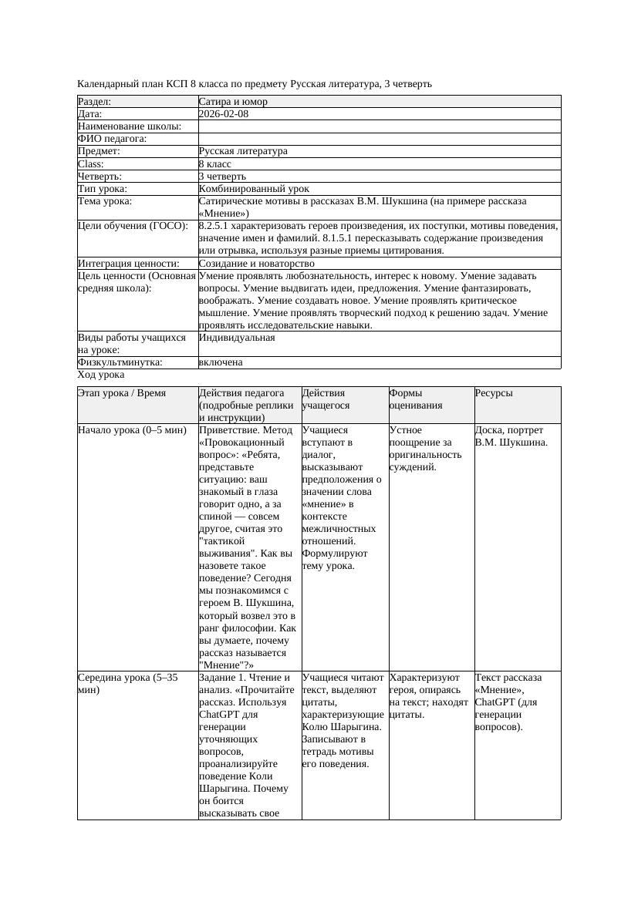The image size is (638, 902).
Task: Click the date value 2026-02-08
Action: click(x=223, y=114)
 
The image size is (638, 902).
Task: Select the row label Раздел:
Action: click(x=95, y=102)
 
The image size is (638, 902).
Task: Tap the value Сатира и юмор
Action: click(x=233, y=102)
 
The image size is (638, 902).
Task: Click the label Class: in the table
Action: click(x=91, y=164)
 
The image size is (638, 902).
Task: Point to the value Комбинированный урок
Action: click(x=254, y=189)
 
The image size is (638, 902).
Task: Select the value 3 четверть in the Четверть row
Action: click(x=222, y=177)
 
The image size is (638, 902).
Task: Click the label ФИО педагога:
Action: click(x=113, y=139)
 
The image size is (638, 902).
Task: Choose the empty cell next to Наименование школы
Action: click(x=378, y=126)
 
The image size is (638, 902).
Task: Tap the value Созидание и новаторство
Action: click(x=256, y=264)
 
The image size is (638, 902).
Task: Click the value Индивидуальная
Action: click(x=237, y=338)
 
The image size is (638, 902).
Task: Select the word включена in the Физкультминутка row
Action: click(x=221, y=362)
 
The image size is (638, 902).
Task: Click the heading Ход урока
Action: click(x=101, y=375)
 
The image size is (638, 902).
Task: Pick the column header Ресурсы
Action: click(x=494, y=393)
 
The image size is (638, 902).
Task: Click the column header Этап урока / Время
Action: click(x=122, y=393)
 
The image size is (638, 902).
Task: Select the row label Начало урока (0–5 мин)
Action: click(x=132, y=430)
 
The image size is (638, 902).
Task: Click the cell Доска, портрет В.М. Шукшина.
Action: click(x=511, y=436)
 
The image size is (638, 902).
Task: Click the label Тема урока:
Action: click(x=105, y=201)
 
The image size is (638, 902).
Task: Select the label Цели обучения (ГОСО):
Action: click(x=133, y=226)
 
